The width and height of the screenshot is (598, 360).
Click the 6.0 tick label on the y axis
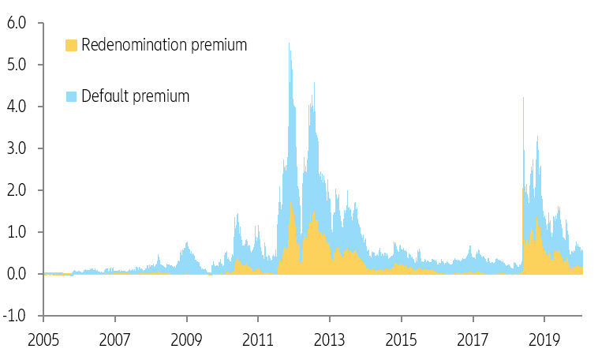pos(17,23)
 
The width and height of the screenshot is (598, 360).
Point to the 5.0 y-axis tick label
pos(17,65)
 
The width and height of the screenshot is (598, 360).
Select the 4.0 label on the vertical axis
pos(17,107)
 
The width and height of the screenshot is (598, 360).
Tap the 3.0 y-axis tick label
pos(17,148)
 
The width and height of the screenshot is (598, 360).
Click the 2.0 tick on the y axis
pos(17,190)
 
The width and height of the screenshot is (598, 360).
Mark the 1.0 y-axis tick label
pos(17,232)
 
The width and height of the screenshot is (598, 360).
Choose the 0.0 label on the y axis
pos(17,274)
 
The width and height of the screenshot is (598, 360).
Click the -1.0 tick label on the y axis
pos(15,316)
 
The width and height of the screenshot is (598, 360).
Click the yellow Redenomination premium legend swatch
pos(72,46)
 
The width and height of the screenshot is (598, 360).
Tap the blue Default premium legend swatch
pos(72,97)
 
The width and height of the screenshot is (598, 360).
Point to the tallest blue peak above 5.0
pos(289,44)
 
